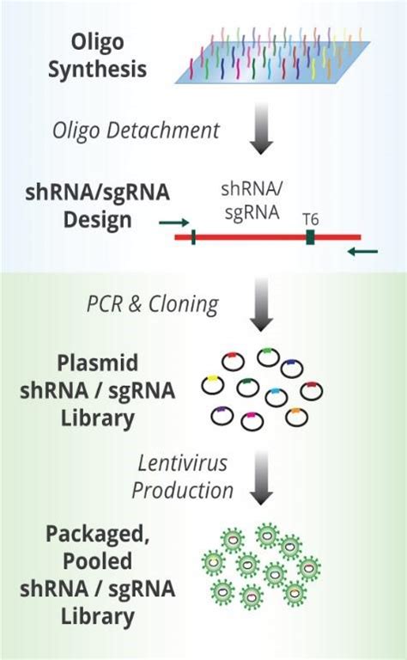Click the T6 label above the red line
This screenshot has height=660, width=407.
click(x=310, y=219)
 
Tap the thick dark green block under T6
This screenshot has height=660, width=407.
click(x=310, y=237)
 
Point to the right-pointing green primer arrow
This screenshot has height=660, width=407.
click(x=173, y=223)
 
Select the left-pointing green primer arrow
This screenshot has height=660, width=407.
click(x=363, y=252)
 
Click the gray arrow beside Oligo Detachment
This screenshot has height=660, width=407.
click(x=261, y=128)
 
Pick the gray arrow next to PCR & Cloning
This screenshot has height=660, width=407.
click(x=261, y=304)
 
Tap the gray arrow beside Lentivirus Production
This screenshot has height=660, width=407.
click(x=261, y=478)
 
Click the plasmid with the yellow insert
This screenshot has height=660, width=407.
click(x=212, y=385)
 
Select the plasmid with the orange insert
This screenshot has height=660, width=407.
click(x=296, y=417)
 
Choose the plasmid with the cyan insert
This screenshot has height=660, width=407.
click(x=276, y=397)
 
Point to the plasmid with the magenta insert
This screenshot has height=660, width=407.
click(x=252, y=421)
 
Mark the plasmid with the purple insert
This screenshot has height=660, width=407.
click(x=222, y=416)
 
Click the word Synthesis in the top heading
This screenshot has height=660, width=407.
click(x=98, y=70)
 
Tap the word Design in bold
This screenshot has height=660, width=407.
click(x=98, y=220)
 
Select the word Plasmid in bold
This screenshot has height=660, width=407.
click(x=98, y=363)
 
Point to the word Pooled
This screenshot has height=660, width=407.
click(x=98, y=561)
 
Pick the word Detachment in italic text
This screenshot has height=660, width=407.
click(x=163, y=131)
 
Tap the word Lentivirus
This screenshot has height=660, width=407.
click(x=183, y=463)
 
